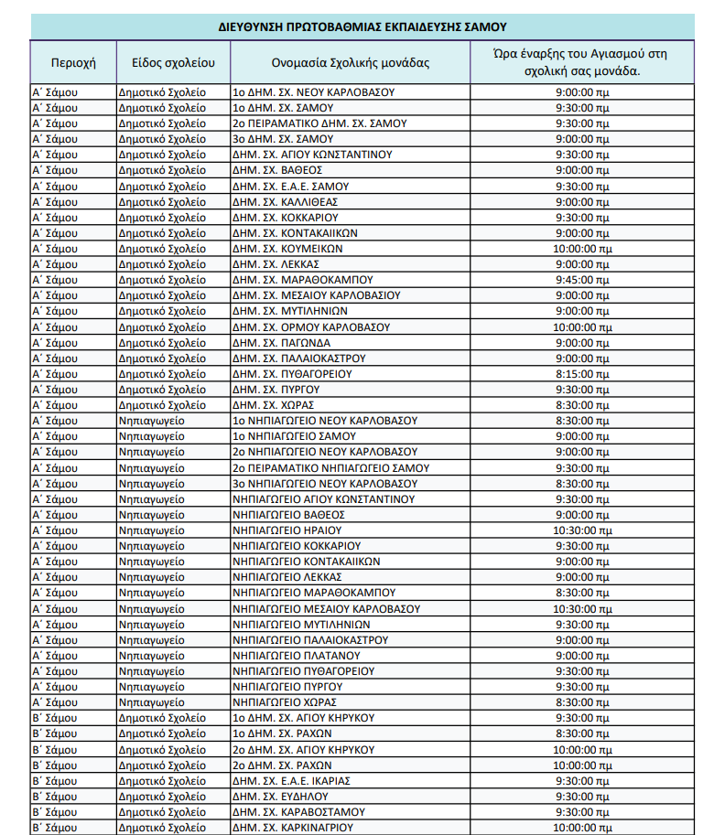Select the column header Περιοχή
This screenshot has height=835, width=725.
tap(73, 63)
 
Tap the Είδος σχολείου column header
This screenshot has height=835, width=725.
tap(173, 63)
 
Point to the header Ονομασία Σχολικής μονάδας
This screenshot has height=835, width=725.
tap(350, 63)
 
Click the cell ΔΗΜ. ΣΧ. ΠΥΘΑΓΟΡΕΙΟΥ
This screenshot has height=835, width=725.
tap(292, 374)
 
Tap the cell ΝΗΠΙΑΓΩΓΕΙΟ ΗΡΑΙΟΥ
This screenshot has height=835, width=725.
tap(287, 530)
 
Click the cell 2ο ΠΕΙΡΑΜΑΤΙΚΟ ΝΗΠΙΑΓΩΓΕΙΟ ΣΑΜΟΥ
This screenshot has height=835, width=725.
tap(330, 468)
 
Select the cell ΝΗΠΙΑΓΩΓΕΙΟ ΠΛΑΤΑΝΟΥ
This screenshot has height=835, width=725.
tap(296, 656)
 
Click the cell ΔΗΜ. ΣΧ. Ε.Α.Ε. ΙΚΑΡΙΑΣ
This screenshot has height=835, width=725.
tap(291, 781)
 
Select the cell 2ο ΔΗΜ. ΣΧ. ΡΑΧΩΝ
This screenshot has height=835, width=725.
tap(281, 765)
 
